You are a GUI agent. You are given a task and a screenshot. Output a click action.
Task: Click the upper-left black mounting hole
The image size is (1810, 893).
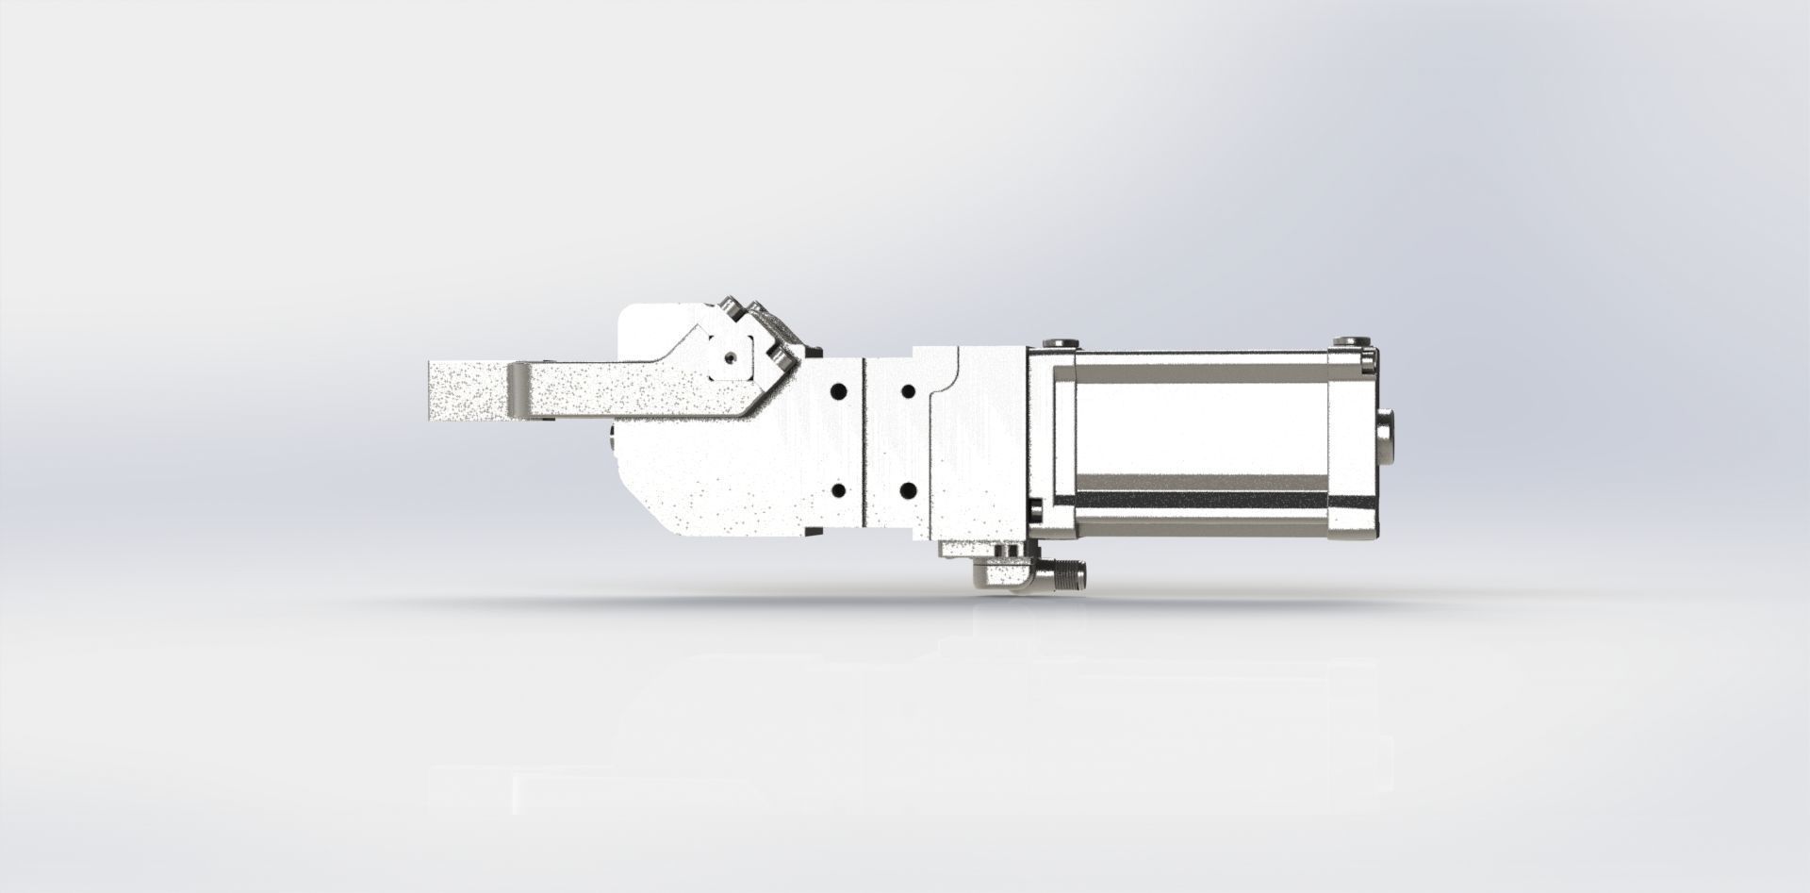[836, 390]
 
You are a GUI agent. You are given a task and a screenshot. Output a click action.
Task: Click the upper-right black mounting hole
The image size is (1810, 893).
[909, 390]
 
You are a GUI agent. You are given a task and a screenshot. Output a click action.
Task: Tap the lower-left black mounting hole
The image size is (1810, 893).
[836, 490]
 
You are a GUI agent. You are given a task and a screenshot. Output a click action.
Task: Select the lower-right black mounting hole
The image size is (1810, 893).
[909, 490]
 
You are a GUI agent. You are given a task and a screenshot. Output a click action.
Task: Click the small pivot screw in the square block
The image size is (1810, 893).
[730, 357]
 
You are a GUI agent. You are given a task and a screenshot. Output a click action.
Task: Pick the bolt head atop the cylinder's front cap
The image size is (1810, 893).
[1062, 343]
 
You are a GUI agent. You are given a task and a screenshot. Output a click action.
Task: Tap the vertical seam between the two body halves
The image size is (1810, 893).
[864, 443]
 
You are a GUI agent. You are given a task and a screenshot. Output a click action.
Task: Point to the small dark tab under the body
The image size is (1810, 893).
[808, 533]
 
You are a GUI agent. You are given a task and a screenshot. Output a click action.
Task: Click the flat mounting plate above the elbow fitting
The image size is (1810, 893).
[980, 548]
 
